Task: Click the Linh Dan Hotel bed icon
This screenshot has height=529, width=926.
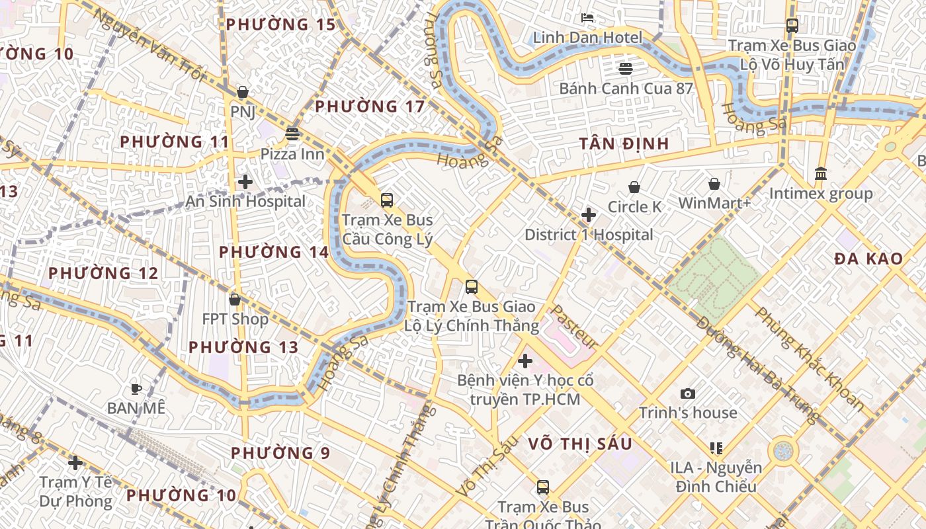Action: pyautogui.click(x=587, y=17)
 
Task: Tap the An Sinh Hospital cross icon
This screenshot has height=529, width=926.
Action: pyautogui.click(x=245, y=181)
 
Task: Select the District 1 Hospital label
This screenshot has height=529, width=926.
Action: pyautogui.click(x=589, y=235)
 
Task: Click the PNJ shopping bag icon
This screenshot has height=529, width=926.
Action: pyautogui.click(x=243, y=92)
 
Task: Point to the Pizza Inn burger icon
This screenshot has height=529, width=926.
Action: pyautogui.click(x=292, y=134)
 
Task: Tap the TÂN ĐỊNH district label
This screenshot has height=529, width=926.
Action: pyautogui.click(x=624, y=143)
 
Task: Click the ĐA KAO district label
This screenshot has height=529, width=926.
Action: pyautogui.click(x=868, y=259)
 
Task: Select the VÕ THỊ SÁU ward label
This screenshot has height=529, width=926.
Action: pyautogui.click(x=580, y=444)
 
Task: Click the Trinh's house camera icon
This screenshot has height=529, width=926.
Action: pyautogui.click(x=688, y=393)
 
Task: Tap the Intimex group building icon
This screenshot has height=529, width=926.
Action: pyautogui.click(x=821, y=173)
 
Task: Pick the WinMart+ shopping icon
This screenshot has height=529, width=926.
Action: pyautogui.click(x=714, y=183)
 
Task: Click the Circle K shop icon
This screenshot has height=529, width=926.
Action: pyautogui.click(x=634, y=187)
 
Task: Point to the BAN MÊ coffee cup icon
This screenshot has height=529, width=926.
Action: pyautogui.click(x=136, y=389)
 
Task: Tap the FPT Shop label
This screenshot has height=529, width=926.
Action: pyautogui.click(x=235, y=319)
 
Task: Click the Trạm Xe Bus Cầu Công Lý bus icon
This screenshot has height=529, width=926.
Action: pyautogui.click(x=387, y=200)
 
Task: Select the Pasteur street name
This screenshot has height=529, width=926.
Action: pyautogui.click(x=574, y=327)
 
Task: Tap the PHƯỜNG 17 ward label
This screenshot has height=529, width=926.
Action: pyautogui.click(x=369, y=106)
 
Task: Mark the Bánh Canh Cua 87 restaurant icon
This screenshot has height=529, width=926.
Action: pyautogui.click(x=626, y=68)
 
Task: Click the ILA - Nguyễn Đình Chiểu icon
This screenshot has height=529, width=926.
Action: pyautogui.click(x=716, y=448)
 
